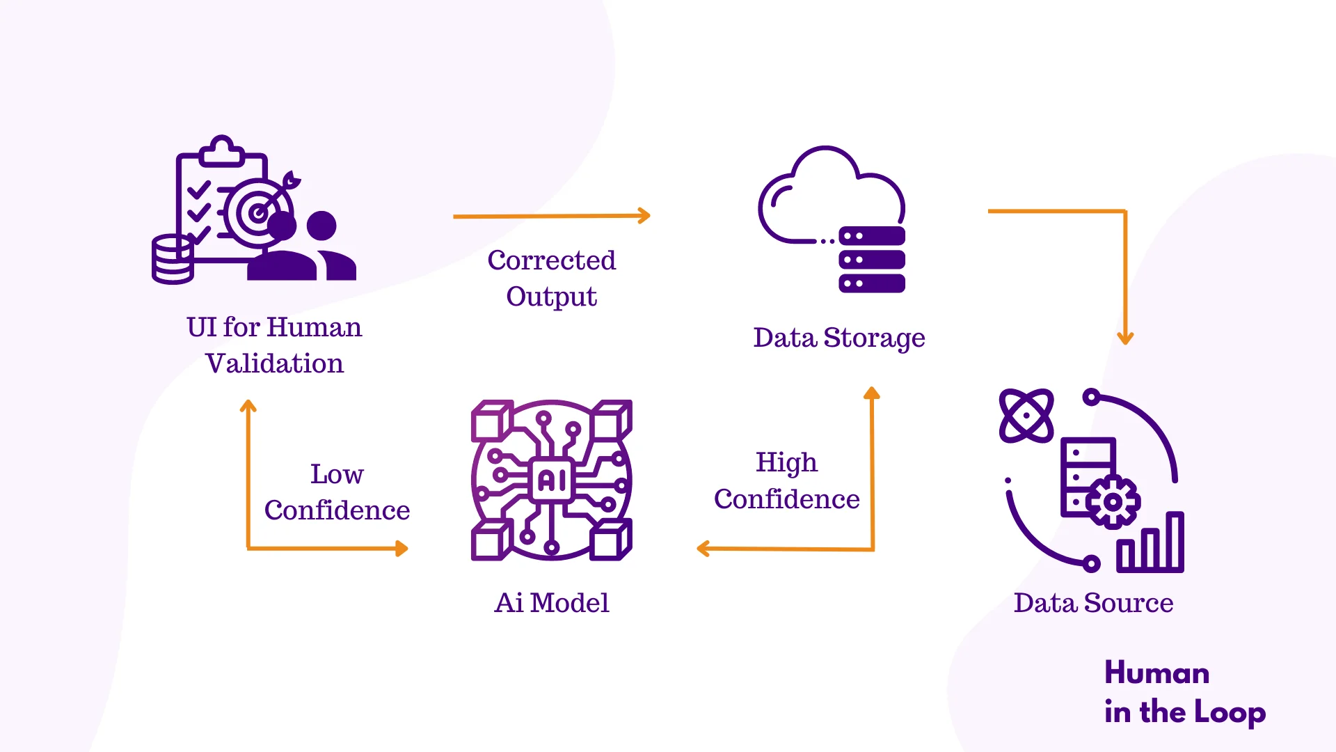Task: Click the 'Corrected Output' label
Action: point(551,278)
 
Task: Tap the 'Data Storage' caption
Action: point(838,338)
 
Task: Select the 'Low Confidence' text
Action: point(337,492)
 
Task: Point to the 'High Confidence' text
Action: point(786,480)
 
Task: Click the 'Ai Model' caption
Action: point(551,603)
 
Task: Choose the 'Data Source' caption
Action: point(1093,603)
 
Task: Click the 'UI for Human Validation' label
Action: point(274,345)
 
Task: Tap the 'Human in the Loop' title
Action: point(1184,692)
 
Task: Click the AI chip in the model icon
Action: point(552,480)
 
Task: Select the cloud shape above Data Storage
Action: point(828,195)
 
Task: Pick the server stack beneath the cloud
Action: point(872,260)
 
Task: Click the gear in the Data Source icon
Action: point(1113,501)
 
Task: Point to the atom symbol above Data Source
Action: point(1026,416)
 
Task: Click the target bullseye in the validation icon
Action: point(258,213)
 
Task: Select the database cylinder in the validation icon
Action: point(173,260)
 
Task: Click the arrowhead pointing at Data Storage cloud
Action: point(644,216)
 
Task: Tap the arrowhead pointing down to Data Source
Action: point(1125,338)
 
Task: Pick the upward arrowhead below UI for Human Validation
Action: point(248,406)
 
